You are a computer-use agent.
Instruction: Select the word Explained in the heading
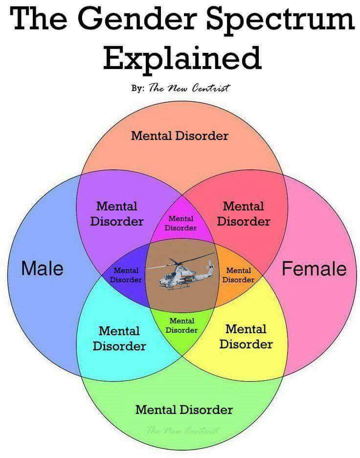tap(182, 58)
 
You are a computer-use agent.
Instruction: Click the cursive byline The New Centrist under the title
tap(189, 88)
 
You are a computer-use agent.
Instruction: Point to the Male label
tap(43, 268)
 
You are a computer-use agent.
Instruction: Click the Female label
tap(314, 269)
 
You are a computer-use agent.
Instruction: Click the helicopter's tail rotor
tap(210, 266)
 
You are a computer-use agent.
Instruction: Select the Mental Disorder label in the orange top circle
tap(180, 136)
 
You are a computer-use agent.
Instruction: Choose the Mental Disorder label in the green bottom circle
tap(184, 410)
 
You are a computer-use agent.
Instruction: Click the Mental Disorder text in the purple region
tap(117, 214)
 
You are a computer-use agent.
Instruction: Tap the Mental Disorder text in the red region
tap(244, 214)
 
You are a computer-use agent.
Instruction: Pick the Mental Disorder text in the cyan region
tap(119, 339)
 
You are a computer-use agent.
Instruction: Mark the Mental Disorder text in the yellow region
tap(246, 337)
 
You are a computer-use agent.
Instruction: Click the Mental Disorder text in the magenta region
tap(180, 223)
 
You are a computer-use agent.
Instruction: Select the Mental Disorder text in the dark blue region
tap(126, 275)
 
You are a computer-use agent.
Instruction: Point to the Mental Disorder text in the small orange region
tap(239, 275)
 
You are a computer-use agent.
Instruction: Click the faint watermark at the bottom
tap(183, 430)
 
